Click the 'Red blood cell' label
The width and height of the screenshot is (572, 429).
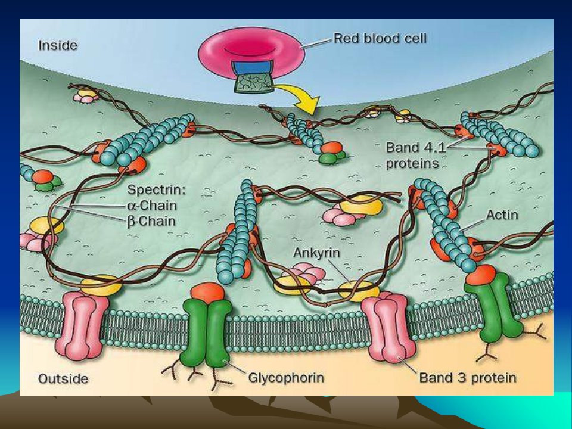(380, 38)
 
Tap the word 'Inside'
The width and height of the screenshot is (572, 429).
(58, 46)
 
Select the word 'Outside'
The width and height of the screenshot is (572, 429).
(63, 379)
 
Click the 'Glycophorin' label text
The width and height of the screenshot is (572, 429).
(286, 378)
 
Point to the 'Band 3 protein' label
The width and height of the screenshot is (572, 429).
(468, 378)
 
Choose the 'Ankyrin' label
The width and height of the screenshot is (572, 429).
(316, 253)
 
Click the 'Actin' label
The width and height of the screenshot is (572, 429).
(502, 215)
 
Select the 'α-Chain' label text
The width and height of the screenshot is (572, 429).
(152, 206)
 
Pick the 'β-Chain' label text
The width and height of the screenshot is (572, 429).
(151, 222)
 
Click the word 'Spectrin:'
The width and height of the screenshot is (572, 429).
(156, 189)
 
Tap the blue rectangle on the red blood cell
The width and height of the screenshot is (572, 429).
(251, 68)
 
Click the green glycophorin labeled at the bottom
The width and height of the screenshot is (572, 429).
(206, 332)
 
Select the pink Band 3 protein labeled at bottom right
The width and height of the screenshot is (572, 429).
(388, 328)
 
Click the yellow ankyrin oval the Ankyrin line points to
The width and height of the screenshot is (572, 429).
(359, 291)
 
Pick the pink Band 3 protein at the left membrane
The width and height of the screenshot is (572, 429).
(82, 325)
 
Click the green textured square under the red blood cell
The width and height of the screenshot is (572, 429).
(254, 83)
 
